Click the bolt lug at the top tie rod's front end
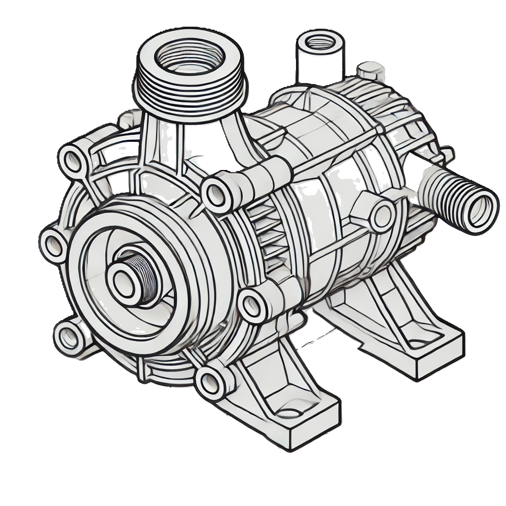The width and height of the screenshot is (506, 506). (x=215, y=193)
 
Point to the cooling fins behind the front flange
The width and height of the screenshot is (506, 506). (x=262, y=232)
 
